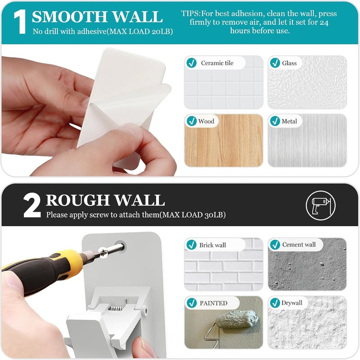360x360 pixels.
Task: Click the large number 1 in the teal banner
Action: [x=20, y=22]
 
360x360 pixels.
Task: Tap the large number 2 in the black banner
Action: [x=32, y=205]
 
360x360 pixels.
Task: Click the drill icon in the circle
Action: [x=320, y=205]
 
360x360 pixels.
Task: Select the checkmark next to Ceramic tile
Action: [x=192, y=63]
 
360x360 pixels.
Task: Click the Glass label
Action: [x=289, y=63]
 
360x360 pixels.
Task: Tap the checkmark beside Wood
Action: [x=192, y=121]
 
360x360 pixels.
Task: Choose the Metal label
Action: [x=289, y=121]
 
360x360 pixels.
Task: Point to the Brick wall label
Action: [x=212, y=245]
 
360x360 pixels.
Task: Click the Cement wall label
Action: [x=299, y=245]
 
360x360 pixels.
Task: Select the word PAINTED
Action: [x=213, y=303]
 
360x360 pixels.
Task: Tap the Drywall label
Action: [x=292, y=303]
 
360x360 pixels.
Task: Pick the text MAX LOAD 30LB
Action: [x=193, y=215]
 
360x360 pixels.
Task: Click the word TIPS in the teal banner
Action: [x=190, y=14]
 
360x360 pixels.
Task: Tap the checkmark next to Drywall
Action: [x=275, y=303]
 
